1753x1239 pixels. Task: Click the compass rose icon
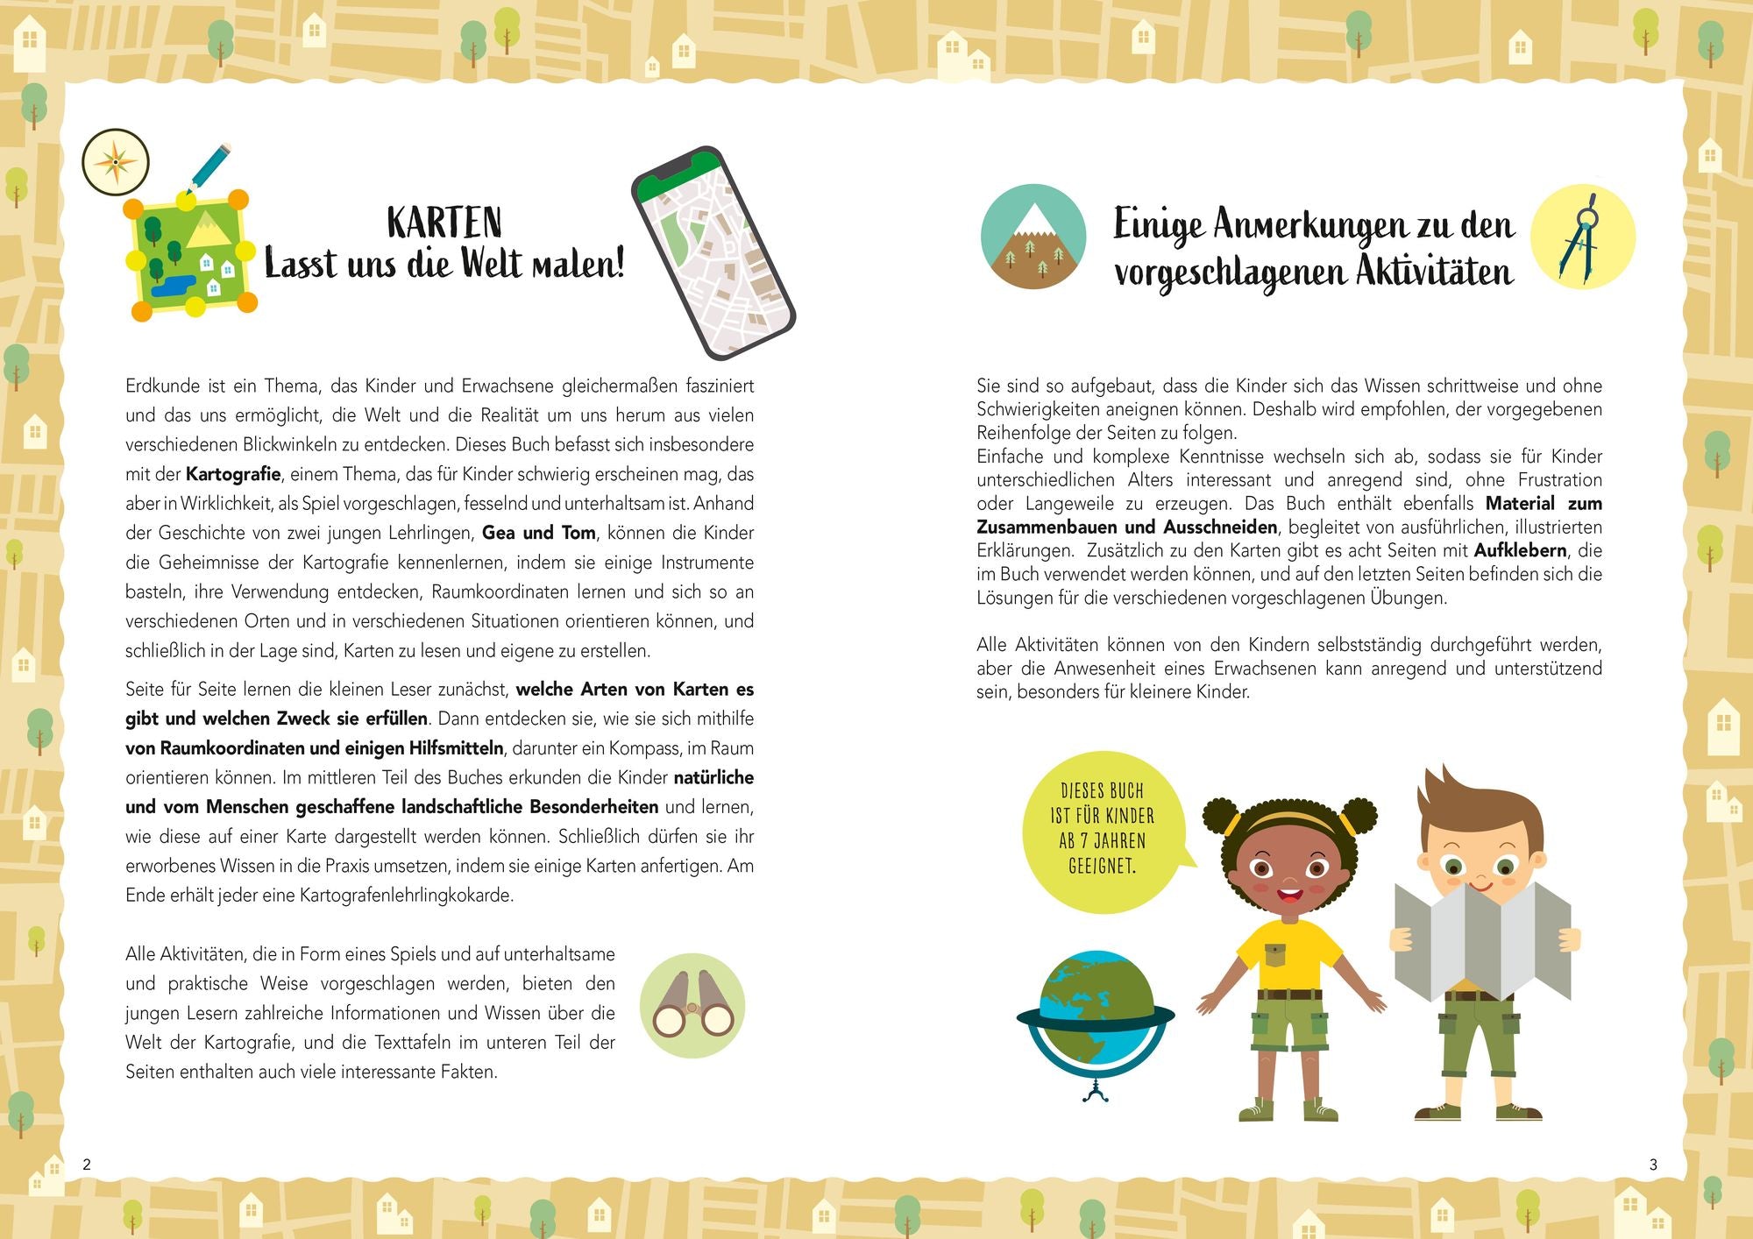tap(116, 162)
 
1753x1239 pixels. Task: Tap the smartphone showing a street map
tap(713, 251)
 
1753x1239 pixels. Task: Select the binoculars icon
tap(692, 1005)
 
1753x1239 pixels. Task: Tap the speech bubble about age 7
tap(1102, 829)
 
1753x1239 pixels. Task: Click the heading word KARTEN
tap(444, 223)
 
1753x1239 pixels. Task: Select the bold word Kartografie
tap(233, 474)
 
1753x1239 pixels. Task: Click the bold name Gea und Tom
tap(539, 533)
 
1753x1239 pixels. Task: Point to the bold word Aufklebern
tap(1520, 550)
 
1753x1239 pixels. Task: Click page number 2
tap(87, 1165)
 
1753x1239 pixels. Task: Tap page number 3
tap(1653, 1165)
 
